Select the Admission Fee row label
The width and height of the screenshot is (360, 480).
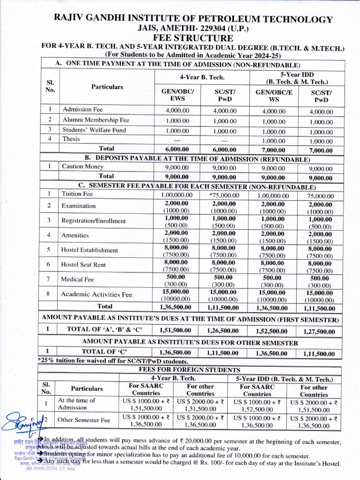click(82, 109)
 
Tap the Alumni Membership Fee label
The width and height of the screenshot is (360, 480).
click(96, 120)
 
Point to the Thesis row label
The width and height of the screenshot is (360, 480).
click(71, 139)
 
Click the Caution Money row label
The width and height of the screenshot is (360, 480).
click(83, 166)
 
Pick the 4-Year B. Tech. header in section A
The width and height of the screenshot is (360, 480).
click(202, 76)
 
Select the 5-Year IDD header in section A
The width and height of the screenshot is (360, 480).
click(297, 77)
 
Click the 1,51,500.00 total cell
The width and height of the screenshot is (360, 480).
click(175, 330)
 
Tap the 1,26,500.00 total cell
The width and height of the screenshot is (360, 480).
click(223, 330)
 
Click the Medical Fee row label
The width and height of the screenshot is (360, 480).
click(77, 279)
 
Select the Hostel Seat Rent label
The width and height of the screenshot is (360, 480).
click(83, 265)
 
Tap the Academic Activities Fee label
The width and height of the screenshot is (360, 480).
click(96, 294)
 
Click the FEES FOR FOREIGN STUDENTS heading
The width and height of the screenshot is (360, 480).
click(190, 370)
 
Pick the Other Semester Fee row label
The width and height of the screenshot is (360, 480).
click(83, 420)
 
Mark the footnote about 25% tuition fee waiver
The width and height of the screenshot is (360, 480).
click(113, 361)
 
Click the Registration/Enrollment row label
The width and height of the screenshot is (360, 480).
click(93, 221)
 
